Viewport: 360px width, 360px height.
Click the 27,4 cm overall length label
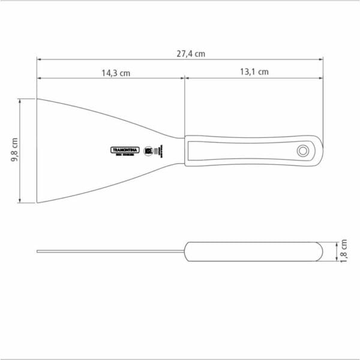[191, 53]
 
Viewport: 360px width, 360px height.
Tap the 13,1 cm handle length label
[254, 71]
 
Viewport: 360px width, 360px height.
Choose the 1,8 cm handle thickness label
[344, 250]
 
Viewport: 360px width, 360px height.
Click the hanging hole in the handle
[303, 149]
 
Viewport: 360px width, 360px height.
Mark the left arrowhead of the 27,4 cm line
[39, 59]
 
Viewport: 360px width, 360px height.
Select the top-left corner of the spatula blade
[37, 99]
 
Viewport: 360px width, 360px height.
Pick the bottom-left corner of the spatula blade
[37, 202]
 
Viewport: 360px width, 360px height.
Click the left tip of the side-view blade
[38, 251]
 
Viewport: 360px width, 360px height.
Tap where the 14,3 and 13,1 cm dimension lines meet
[184, 77]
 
